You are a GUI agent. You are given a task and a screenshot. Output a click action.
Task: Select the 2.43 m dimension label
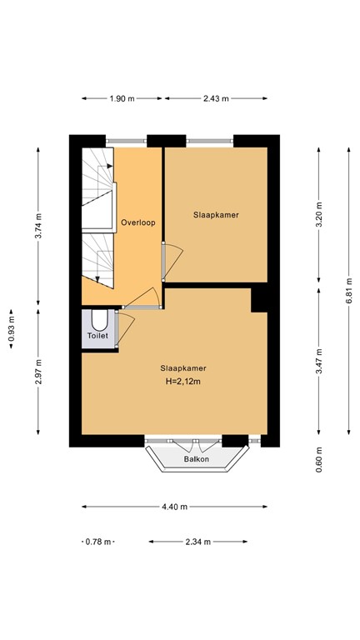tap(215, 100)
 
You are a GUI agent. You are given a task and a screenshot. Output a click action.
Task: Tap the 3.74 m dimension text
tap(38, 226)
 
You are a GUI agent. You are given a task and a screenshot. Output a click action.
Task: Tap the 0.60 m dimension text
tap(320, 457)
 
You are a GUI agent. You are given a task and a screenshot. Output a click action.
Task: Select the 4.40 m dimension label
tap(174, 506)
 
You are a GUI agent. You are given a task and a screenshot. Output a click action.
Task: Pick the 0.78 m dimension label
tap(97, 542)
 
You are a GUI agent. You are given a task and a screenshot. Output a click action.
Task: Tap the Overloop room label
tap(137, 222)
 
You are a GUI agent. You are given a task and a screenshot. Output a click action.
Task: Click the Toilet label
tap(97, 337)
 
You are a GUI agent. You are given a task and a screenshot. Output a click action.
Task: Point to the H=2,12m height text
tap(183, 382)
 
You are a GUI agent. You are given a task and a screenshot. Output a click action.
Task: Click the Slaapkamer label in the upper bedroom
tap(217, 214)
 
